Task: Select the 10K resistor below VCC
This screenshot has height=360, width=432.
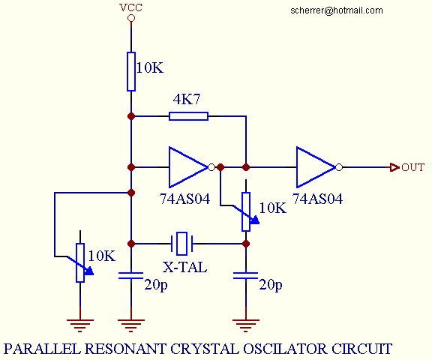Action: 131,71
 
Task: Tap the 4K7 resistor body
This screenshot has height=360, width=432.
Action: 188,115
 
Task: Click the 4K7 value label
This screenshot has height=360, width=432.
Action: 187,100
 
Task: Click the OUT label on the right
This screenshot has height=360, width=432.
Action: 413,167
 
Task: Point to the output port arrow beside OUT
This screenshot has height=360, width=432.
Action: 394,167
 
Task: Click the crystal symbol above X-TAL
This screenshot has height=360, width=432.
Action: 184,243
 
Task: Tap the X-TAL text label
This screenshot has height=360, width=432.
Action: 184,265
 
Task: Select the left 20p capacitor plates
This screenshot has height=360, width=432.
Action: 131,276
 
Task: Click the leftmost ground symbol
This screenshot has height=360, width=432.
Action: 80,324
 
